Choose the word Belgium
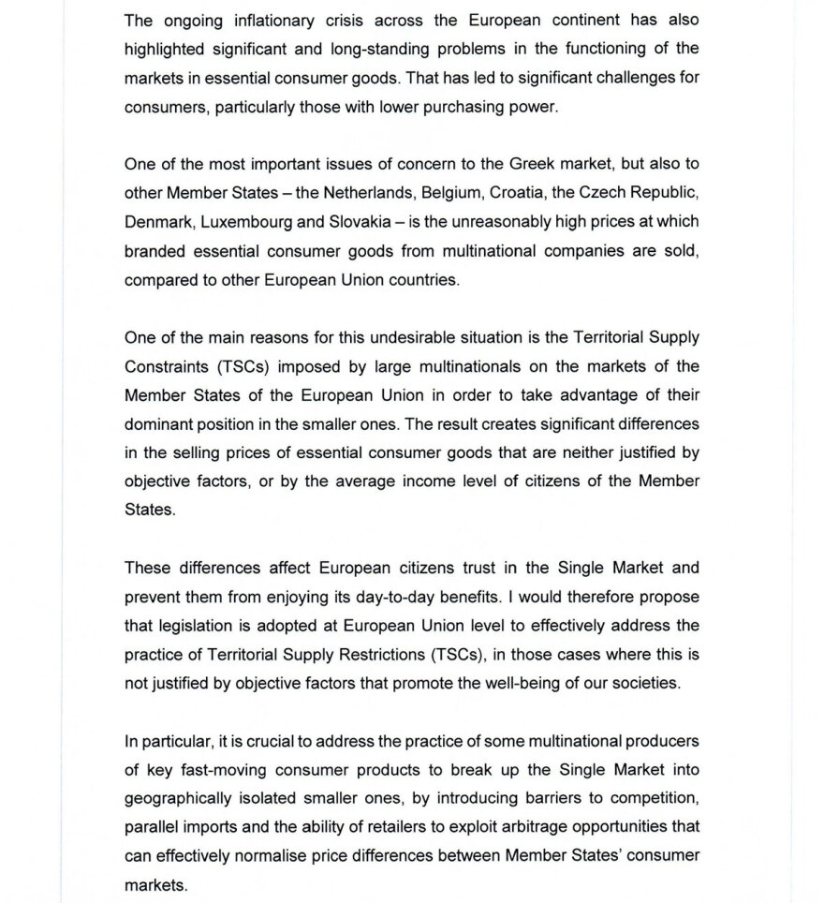click(x=452, y=193)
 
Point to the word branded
click(x=156, y=251)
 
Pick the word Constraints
click(x=165, y=366)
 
